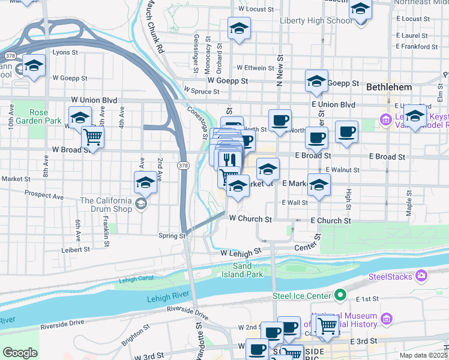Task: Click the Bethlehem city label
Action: pyautogui.click(x=389, y=87)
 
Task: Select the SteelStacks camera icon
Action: pyautogui.click(x=422, y=275)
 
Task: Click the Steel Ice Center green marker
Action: pyautogui.click(x=340, y=295)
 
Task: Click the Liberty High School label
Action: pyautogui.click(x=316, y=20)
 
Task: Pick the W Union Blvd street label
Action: pyautogui.click(x=94, y=100)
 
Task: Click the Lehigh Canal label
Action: pyautogui.click(x=136, y=279)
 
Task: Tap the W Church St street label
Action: pyautogui.click(x=250, y=219)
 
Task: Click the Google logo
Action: pyautogui.click(x=20, y=353)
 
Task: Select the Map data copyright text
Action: pyautogui.click(x=423, y=355)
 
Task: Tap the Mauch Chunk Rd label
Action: pyautogui.click(x=152, y=27)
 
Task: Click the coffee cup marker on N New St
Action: pyautogui.click(x=279, y=120)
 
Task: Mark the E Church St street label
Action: pyautogui.click(x=331, y=221)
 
